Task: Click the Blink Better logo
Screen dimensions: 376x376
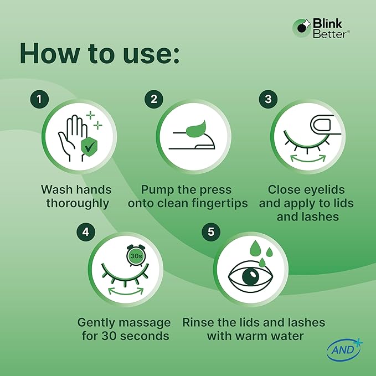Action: pyautogui.click(x=321, y=28)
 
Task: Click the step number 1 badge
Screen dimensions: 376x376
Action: pyautogui.click(x=39, y=99)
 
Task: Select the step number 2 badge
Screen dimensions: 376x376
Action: pyautogui.click(x=154, y=99)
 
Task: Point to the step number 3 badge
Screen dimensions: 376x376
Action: pyautogui.click(x=269, y=99)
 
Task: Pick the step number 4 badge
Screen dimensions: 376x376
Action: pyautogui.click(x=86, y=232)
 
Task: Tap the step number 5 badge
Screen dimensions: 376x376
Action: pyautogui.click(x=211, y=232)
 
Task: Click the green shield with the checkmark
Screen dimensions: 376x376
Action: pyautogui.click(x=89, y=147)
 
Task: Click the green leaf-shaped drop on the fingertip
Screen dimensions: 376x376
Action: pyautogui.click(x=196, y=129)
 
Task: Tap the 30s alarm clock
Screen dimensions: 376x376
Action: pyautogui.click(x=136, y=255)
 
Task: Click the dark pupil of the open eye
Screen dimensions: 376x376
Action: pyautogui.click(x=251, y=276)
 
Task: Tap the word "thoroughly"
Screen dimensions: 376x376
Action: pyautogui.click(x=78, y=204)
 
